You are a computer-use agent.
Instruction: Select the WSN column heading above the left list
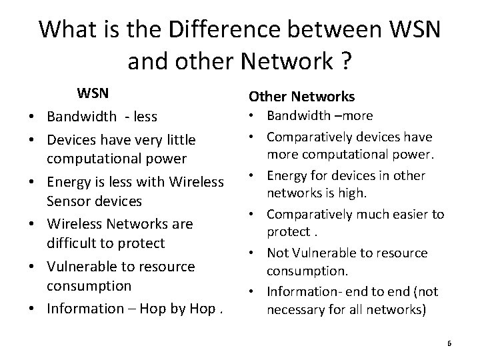(93, 91)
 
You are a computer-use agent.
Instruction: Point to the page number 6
(449, 343)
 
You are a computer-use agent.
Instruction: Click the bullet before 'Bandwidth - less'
(33, 117)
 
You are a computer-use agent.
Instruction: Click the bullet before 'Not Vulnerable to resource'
(256, 253)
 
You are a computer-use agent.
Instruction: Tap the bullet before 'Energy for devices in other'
(256, 176)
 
